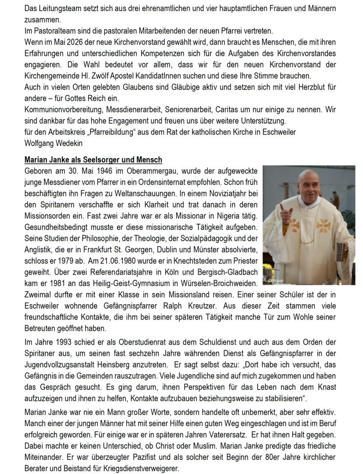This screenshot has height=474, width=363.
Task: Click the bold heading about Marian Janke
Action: [x=93, y=159]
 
